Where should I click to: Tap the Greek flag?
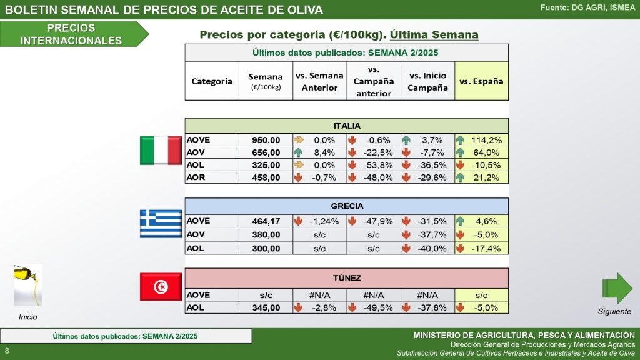[161, 224]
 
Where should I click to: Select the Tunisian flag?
[161, 287]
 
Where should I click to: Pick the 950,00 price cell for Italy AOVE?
[266, 140]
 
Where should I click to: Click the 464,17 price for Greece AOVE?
[266, 221]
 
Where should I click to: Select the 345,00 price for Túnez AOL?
[266, 307]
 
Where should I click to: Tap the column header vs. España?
[481, 81]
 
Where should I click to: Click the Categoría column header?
[212, 81]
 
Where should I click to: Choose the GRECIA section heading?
[347, 206]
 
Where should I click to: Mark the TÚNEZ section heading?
[347, 278]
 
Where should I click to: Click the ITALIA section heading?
[347, 126]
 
